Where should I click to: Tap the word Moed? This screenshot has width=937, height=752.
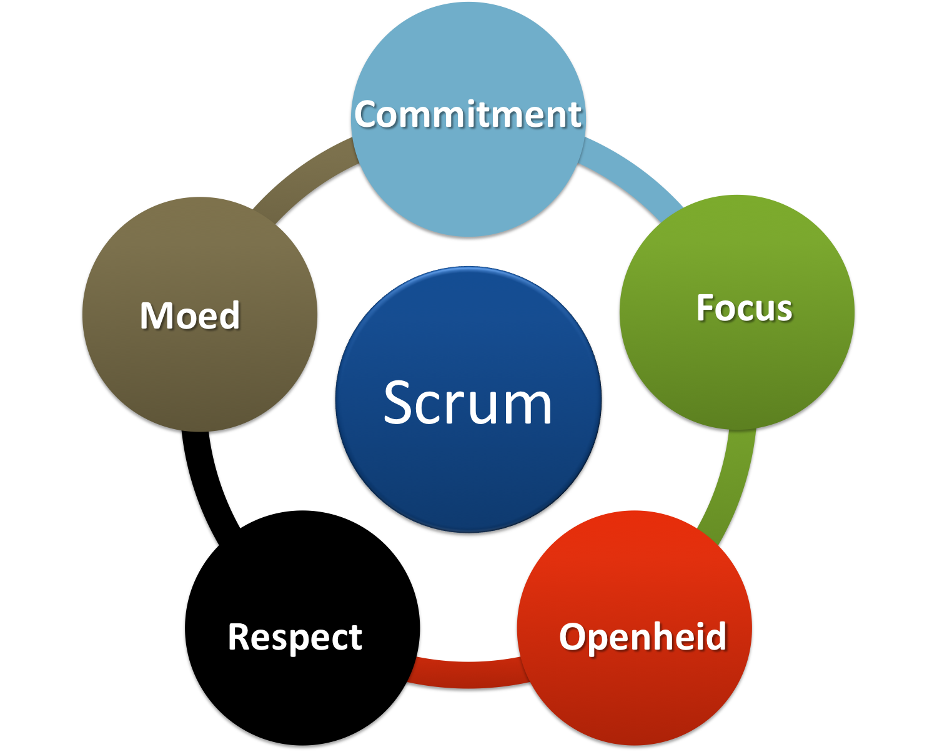click(x=190, y=315)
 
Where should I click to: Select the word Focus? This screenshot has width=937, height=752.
click(x=744, y=308)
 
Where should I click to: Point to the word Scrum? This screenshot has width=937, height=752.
click(x=468, y=403)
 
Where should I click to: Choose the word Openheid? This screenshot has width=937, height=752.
click(x=643, y=636)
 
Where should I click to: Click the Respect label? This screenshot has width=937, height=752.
click(x=295, y=637)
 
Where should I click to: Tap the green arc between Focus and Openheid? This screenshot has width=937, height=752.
click(x=731, y=481)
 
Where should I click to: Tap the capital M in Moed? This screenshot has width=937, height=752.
click(x=155, y=315)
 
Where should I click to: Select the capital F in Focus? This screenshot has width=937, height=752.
click(x=706, y=308)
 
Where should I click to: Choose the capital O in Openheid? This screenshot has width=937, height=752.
click(x=573, y=636)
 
